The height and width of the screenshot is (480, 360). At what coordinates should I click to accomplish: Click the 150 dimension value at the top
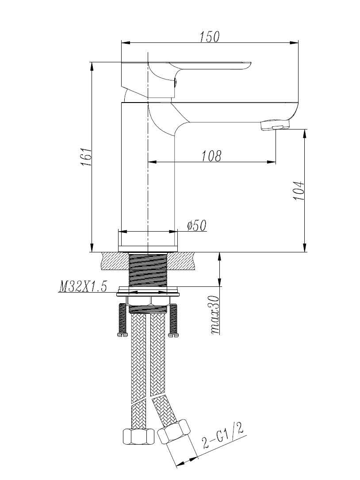pos(209,37)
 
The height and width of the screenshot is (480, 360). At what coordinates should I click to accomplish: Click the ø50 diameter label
pos(196,226)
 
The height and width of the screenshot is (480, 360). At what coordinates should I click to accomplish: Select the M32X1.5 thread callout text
pos(83,287)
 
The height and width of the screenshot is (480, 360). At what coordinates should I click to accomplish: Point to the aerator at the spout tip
pos(275,125)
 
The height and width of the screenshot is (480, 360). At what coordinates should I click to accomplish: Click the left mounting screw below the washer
pos(123,320)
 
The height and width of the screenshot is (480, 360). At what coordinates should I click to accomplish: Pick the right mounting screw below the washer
pos(173,320)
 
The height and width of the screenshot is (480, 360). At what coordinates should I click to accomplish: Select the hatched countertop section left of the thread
pos(115,260)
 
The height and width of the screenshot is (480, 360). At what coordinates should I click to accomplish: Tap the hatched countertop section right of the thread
pos(181,260)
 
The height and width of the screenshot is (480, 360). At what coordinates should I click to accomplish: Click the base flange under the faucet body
pos(148,248)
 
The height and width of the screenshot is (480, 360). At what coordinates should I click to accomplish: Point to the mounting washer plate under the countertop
pos(148,293)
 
